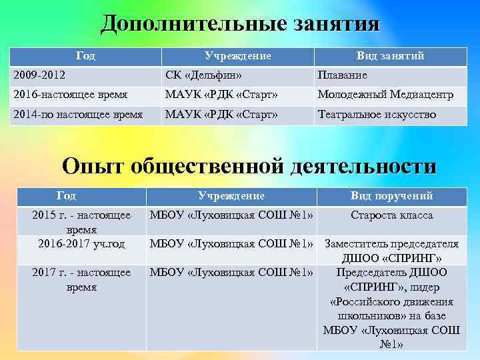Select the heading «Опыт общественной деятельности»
(249, 166)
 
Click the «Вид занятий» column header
(390, 56)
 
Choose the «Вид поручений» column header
(392, 196)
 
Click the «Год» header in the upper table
(85, 56)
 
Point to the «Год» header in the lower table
(67, 196)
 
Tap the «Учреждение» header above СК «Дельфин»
(237, 56)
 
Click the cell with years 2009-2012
(41, 75)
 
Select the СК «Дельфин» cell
(203, 75)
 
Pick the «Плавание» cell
(342, 75)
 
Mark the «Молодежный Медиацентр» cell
(385, 95)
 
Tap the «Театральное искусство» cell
(377, 115)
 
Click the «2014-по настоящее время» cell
(78, 115)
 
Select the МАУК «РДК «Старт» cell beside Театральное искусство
(221, 115)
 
